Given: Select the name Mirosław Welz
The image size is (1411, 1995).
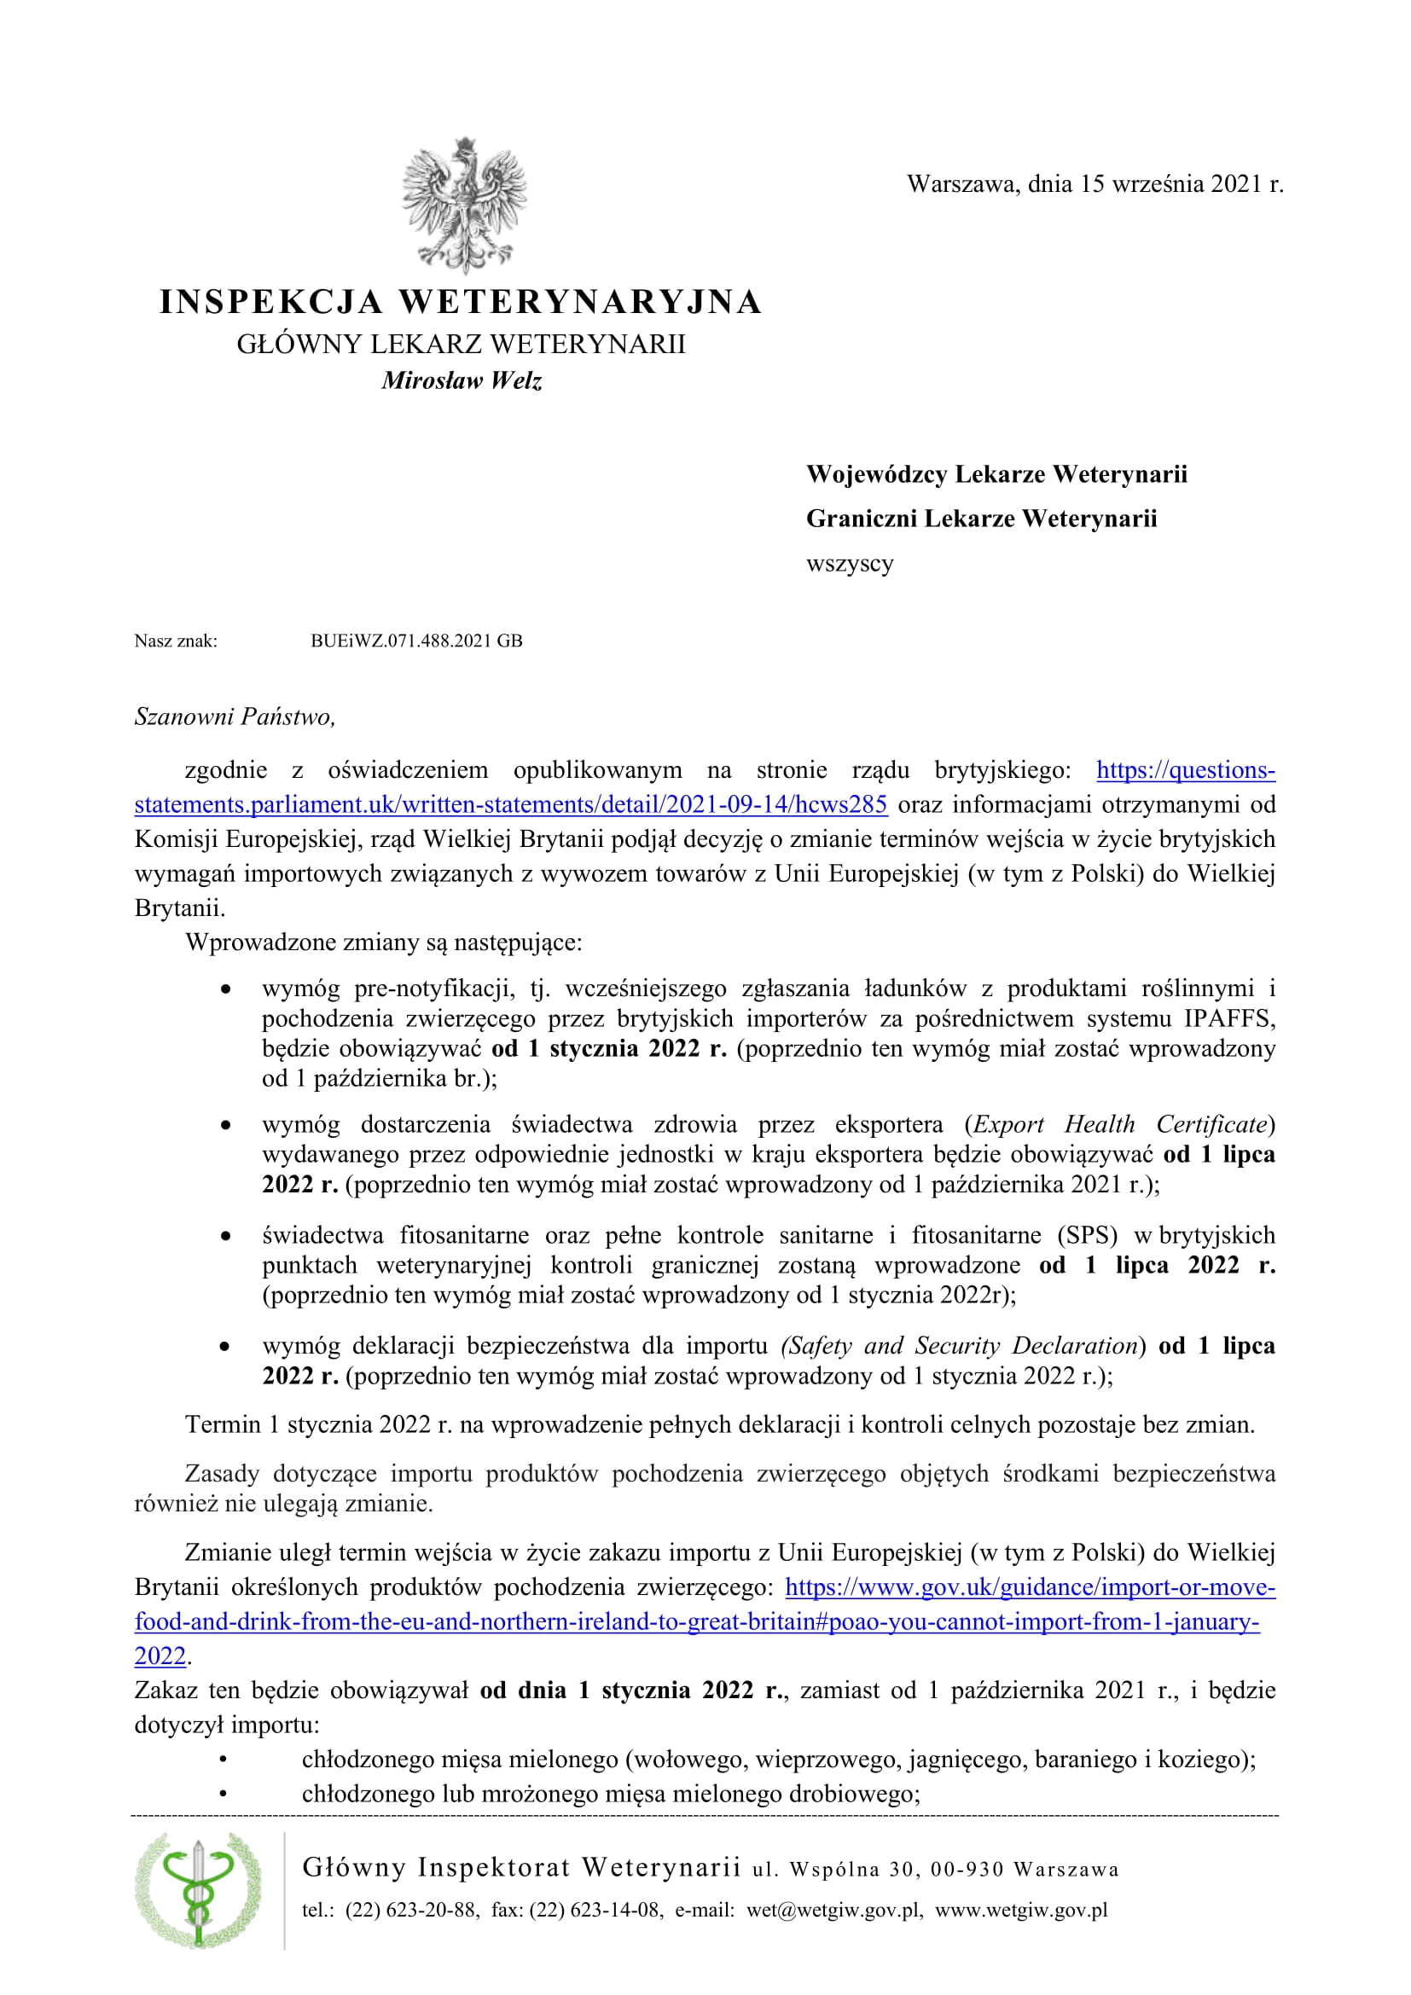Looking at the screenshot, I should [x=462, y=380].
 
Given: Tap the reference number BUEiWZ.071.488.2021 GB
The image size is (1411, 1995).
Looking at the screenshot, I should [x=416, y=641].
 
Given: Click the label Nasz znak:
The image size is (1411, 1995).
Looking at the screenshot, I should [x=176, y=641].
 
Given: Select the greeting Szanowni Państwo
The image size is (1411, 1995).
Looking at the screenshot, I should [x=235, y=716].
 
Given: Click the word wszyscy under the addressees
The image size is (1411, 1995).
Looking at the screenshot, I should [x=849, y=563].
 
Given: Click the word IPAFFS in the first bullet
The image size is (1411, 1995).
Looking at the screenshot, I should [x=1228, y=1018].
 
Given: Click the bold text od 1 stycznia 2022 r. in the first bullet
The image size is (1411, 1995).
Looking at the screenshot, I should [x=609, y=1049].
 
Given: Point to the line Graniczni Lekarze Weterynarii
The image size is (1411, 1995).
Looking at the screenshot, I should [x=981, y=519].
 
